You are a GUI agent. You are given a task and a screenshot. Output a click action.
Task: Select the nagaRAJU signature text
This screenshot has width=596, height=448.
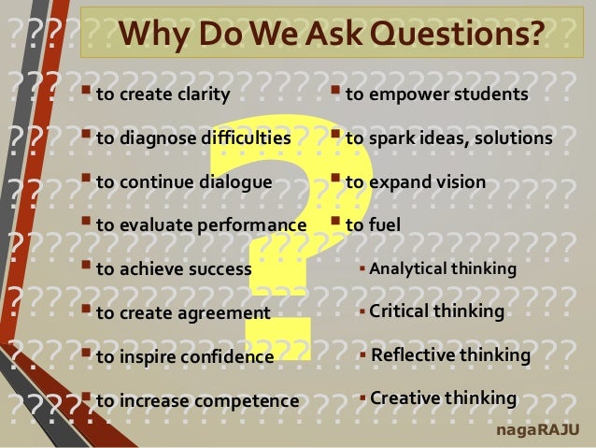click(x=541, y=429)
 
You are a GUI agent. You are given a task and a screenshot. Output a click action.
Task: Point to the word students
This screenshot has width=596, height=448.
click(x=494, y=94)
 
